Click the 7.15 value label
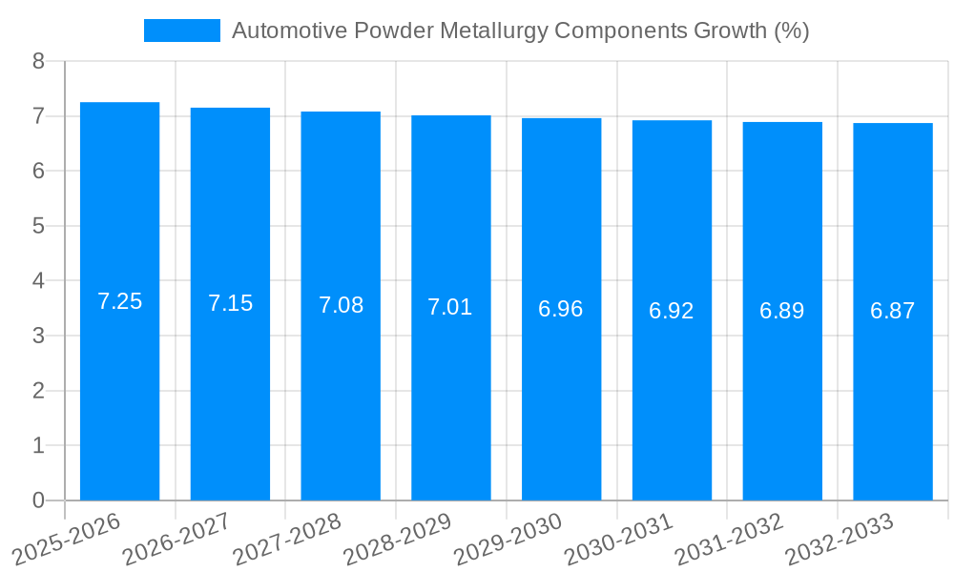click(x=230, y=304)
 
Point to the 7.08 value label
click(x=341, y=306)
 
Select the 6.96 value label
click(x=561, y=310)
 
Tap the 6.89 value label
click(x=781, y=311)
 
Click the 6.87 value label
click(x=892, y=311)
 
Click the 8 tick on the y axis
click(x=38, y=62)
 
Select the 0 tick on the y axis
click(x=38, y=500)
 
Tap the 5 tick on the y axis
click(x=38, y=227)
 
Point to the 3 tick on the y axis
click(x=38, y=337)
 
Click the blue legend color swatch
click(x=181, y=31)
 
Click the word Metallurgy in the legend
click(x=493, y=31)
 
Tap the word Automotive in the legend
click(x=289, y=31)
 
